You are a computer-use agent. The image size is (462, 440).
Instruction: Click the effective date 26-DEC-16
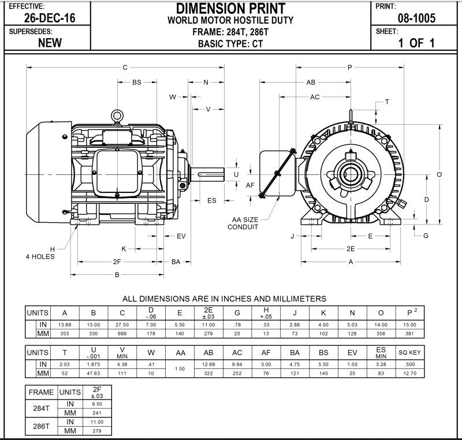[x=49, y=18]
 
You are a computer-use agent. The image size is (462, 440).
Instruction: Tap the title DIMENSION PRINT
[x=230, y=9]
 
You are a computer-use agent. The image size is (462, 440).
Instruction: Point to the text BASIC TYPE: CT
[x=230, y=43]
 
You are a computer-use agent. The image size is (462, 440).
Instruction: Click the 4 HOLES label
[x=40, y=256]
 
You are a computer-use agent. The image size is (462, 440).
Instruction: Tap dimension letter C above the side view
[x=125, y=68]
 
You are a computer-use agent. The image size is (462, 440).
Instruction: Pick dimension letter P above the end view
[x=350, y=68]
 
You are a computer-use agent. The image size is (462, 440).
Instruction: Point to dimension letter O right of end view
[x=439, y=174]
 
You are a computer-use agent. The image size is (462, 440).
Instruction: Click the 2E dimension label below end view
[x=350, y=248]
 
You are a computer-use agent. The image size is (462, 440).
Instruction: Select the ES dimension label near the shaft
[x=211, y=200]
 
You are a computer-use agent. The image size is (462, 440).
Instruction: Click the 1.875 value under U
[x=94, y=365]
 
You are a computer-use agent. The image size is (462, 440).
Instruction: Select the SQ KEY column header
[x=410, y=352]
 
